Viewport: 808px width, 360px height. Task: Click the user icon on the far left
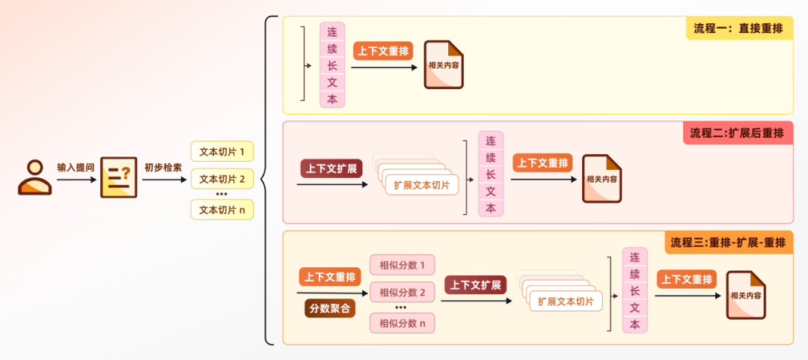click(34, 177)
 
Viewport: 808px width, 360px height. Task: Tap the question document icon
click(119, 177)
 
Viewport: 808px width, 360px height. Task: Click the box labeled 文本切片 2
click(222, 180)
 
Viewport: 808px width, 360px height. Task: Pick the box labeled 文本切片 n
click(222, 210)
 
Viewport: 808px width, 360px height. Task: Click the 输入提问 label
click(76, 167)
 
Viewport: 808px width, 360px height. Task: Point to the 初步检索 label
click(163, 167)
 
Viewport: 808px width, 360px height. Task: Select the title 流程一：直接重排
click(738, 28)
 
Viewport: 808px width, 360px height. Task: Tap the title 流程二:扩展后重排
click(737, 133)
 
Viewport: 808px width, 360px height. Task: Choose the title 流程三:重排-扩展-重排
click(728, 242)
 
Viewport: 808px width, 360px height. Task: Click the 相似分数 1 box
click(402, 265)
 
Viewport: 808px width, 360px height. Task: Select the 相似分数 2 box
click(402, 293)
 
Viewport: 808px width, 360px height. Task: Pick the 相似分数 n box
click(402, 323)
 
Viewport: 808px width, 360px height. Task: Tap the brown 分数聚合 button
click(329, 308)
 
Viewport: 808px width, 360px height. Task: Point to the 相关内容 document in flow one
click(444, 65)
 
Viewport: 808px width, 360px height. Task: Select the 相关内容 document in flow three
click(746, 295)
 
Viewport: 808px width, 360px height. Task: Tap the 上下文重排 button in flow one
click(384, 51)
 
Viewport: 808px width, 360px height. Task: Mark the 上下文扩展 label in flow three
click(476, 285)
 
